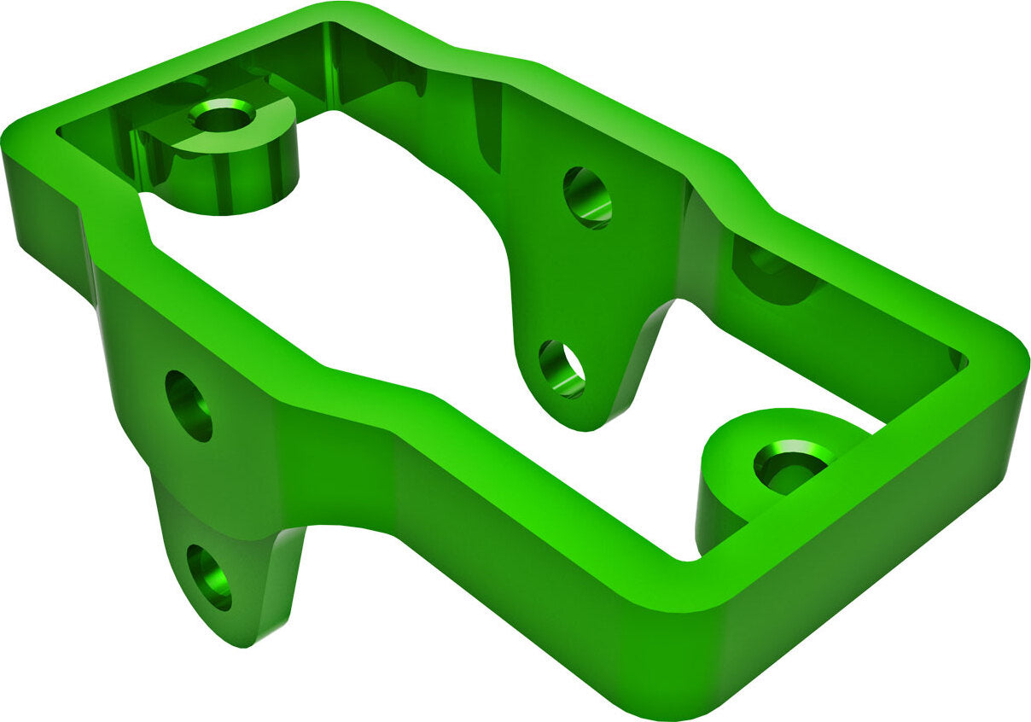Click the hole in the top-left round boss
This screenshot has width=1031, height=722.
click(x=222, y=116)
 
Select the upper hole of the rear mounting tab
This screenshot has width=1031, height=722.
click(x=587, y=197)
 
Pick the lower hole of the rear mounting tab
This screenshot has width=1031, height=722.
click(x=562, y=369)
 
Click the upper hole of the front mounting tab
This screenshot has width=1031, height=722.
click(x=189, y=405)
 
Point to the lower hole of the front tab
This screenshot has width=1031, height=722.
click(x=209, y=577)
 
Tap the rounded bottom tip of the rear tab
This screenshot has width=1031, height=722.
click(x=580, y=422)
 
